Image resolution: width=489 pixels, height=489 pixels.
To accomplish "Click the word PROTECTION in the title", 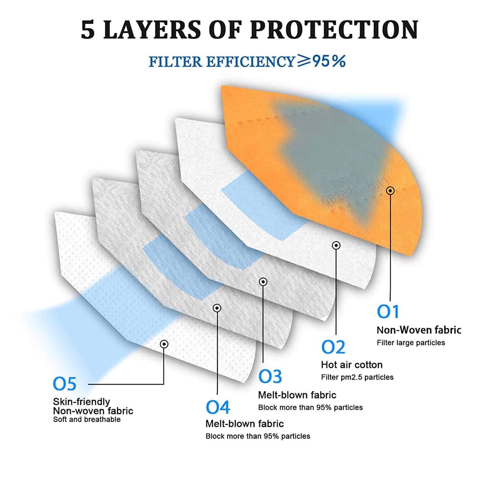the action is tap(334, 30).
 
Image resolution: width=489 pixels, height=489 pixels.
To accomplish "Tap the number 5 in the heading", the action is tap(88, 30).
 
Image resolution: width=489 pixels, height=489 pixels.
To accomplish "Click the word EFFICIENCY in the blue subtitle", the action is tap(251, 62).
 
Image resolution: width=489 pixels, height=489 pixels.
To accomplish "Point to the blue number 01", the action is tap(388, 312).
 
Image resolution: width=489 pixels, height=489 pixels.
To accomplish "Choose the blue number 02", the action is tap(333, 347).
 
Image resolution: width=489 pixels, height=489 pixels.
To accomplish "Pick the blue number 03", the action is tap(270, 377).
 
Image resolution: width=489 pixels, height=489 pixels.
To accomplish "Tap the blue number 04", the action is tap(218, 407).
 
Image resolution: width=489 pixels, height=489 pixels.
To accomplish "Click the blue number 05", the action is tap(65, 384).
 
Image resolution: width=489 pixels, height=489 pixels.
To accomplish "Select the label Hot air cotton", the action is tap(352, 364).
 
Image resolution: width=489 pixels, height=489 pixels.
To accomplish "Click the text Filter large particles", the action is tap(411, 343).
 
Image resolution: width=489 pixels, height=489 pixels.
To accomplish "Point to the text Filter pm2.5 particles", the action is tap(357, 377).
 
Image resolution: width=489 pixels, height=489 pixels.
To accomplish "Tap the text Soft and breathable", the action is tap(87, 419).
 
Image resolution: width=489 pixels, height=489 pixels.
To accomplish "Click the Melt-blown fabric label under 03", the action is tap(297, 395).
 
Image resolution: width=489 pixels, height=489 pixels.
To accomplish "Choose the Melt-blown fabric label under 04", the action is tap(244, 423).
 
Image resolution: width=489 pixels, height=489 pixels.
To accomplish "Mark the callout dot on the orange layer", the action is tap(390, 190).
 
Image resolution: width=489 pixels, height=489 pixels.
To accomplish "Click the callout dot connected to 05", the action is tap(164, 344).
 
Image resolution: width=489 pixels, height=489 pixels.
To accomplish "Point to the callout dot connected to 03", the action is tap(263, 281).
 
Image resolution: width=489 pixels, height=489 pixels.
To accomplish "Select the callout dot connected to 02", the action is tap(336, 245).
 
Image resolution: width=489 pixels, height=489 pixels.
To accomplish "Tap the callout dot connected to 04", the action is tap(217, 308).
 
